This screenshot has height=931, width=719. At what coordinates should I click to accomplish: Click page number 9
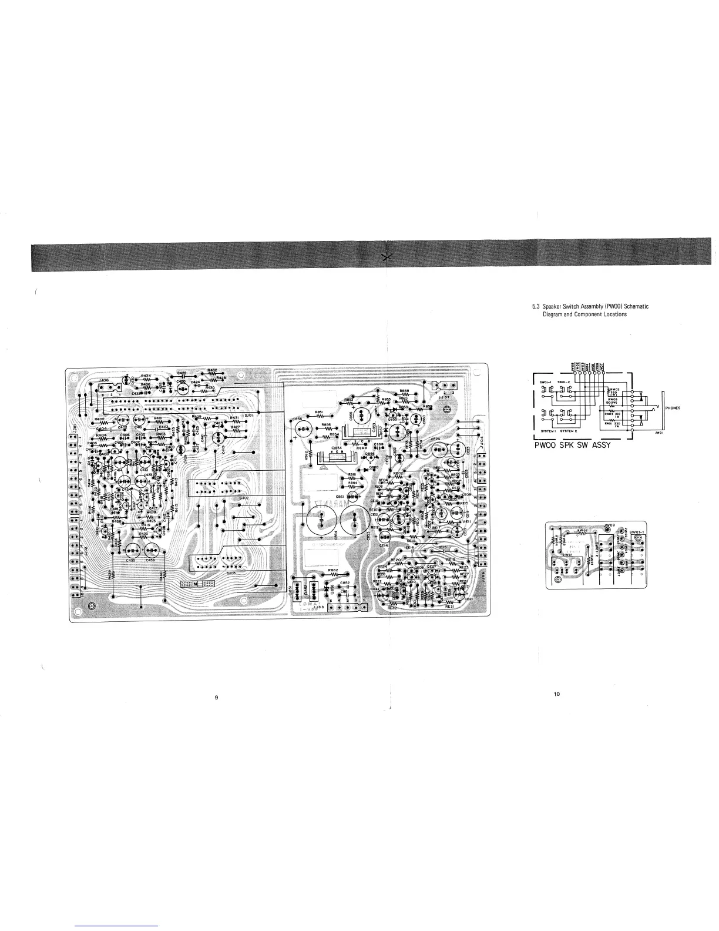pos(217,698)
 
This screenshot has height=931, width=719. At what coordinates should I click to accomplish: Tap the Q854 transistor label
pos(337,448)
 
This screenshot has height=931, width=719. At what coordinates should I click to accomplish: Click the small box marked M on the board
pos(196,586)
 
